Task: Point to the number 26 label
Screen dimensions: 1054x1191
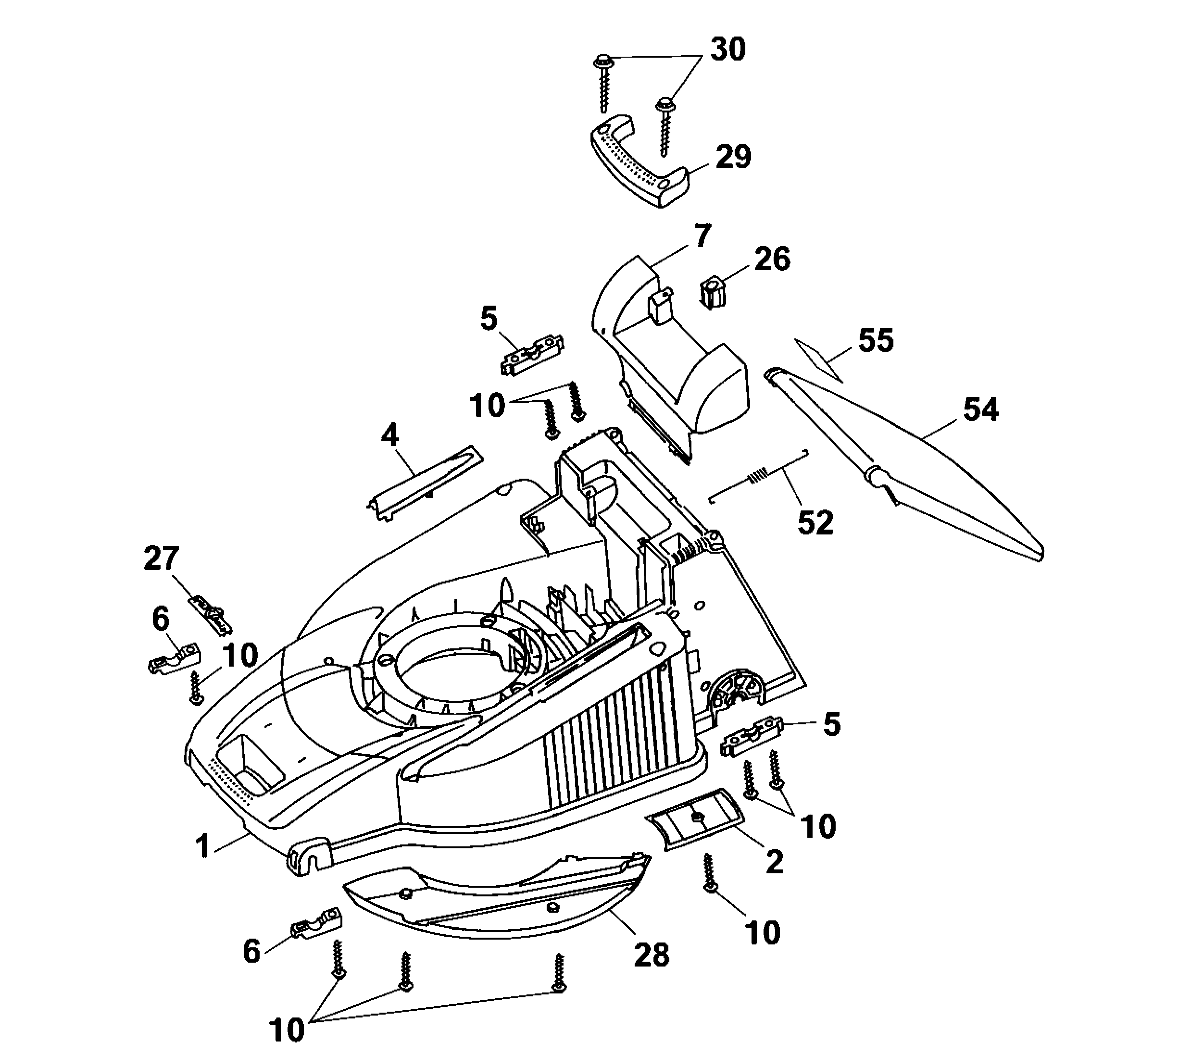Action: pos(772,259)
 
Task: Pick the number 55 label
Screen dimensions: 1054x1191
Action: pos(876,340)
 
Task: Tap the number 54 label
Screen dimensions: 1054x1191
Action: pos(981,409)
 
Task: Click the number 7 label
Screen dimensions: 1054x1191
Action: pos(702,236)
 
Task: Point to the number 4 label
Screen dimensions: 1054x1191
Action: pos(390,435)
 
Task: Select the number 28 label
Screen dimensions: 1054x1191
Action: pos(652,955)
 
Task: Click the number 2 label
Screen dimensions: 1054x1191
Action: pos(775,862)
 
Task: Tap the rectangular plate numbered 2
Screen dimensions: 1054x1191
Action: pos(696,819)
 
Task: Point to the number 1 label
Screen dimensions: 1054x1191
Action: pos(203,846)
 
